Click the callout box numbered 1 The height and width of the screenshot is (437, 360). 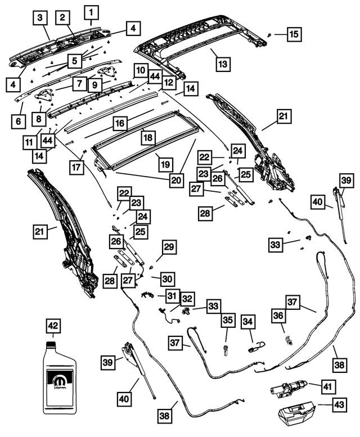[92, 10]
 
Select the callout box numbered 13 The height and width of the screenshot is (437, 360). [223, 64]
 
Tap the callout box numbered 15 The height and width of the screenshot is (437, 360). [294, 34]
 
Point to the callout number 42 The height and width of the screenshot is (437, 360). [53, 327]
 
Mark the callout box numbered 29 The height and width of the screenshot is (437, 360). [169, 246]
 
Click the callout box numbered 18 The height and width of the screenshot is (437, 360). [147, 137]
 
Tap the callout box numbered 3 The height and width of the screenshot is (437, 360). [40, 19]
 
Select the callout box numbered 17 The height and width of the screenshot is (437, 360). [76, 166]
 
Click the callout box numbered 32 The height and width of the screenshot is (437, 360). [187, 299]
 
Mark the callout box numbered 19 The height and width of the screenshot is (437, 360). [164, 164]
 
